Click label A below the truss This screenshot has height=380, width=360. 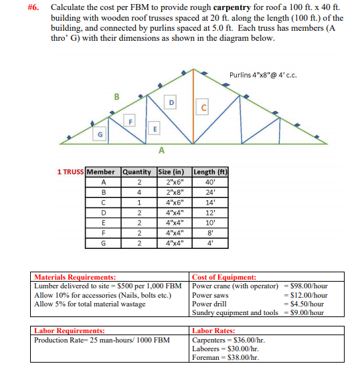pos(162,151)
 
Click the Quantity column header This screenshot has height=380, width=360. pos(139,172)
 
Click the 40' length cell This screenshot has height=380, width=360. pos(211,182)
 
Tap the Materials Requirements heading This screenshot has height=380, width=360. pos(75,276)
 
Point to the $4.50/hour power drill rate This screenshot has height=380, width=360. pos(308,304)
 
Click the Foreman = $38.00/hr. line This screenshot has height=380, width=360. pos(226,357)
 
